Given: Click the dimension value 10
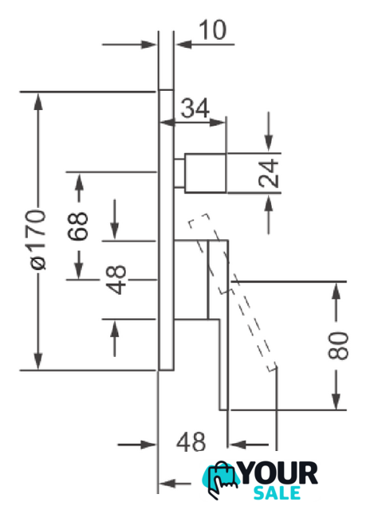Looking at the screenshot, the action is pyautogui.click(x=212, y=30).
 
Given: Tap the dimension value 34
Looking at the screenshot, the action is pyautogui.click(x=195, y=108).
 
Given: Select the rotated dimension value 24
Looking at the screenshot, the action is pyautogui.click(x=269, y=174).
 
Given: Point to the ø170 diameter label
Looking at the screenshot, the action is pyautogui.click(x=37, y=240).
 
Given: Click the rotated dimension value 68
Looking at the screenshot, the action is pyautogui.click(x=78, y=226).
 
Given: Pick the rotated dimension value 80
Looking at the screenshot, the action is pyautogui.click(x=338, y=345).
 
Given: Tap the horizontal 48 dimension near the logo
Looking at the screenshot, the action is pyautogui.click(x=191, y=442).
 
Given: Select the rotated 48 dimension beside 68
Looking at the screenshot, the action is pyautogui.click(x=116, y=280).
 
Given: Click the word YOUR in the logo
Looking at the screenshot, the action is pyautogui.click(x=279, y=473).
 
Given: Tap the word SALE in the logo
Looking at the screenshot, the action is pyautogui.click(x=277, y=492).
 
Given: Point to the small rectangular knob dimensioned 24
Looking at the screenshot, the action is pyautogui.click(x=206, y=173).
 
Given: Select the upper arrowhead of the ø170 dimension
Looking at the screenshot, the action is pyautogui.click(x=38, y=101).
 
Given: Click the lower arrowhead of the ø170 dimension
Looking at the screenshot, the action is pyautogui.click(x=38, y=361).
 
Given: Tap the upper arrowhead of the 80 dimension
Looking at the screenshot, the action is pyautogui.click(x=337, y=291).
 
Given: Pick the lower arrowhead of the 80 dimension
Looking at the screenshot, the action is pyautogui.click(x=337, y=401).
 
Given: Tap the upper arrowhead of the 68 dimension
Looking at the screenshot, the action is pyautogui.click(x=79, y=182).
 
